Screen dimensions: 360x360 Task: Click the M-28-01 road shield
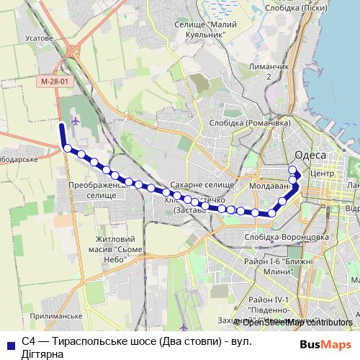[55, 82]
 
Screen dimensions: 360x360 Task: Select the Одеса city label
[310, 156]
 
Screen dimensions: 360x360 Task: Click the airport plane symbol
[77, 120]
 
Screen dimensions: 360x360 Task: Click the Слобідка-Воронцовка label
[277, 236]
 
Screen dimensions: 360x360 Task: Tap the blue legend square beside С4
[11, 345]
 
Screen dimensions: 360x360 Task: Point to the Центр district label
[320, 174]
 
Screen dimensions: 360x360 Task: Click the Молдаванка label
[267, 186]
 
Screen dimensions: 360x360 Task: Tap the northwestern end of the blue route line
[61, 126]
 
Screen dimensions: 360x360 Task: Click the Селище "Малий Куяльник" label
[207, 30]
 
